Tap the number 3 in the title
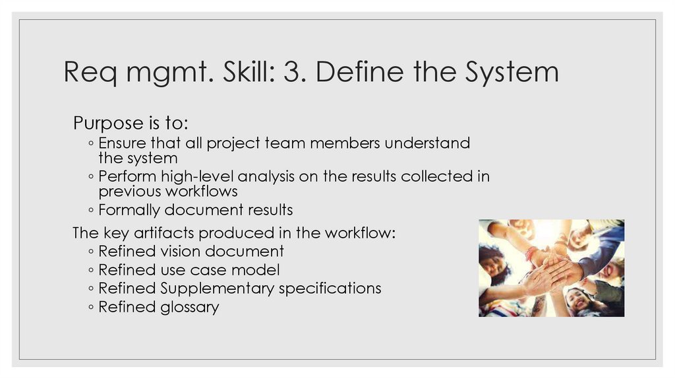pos(290,73)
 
